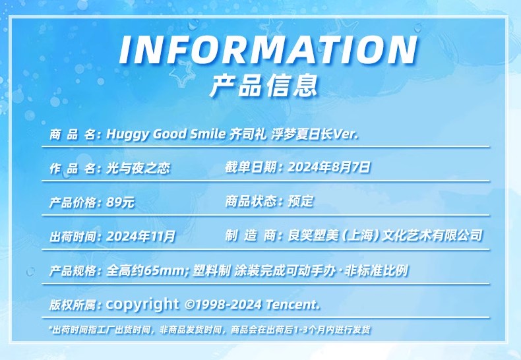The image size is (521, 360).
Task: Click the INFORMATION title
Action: tap(268, 49)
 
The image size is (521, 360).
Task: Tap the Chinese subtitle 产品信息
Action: tap(264, 86)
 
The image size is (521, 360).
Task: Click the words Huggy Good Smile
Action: tap(166, 135)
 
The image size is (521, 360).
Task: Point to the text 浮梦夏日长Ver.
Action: tap(315, 134)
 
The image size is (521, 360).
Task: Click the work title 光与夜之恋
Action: tap(138, 168)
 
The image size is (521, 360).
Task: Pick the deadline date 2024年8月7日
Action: tap(328, 167)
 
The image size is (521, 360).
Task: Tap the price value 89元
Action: tap(120, 202)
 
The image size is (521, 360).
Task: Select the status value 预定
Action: tap(300, 201)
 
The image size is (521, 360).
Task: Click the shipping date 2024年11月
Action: tap(140, 237)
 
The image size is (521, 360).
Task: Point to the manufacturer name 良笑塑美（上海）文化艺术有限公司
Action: tap(384, 235)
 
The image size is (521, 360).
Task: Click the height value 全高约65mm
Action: tap(145, 271)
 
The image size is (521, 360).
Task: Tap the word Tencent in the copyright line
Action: tap(293, 304)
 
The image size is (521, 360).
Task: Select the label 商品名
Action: tap(73, 135)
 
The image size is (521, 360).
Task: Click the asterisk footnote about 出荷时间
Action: tap(209, 330)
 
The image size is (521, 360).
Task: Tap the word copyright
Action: tap(142, 304)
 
